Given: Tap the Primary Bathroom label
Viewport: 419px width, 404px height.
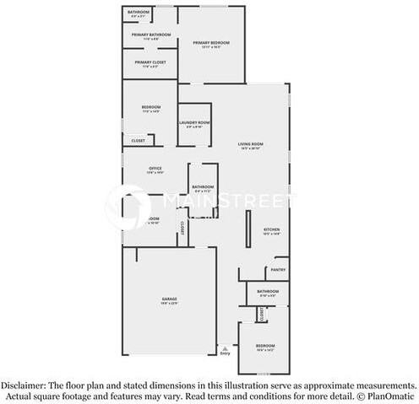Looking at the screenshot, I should (151, 35).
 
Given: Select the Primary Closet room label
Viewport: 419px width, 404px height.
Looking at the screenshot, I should (150, 62).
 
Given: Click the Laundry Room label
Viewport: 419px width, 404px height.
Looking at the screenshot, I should (193, 122).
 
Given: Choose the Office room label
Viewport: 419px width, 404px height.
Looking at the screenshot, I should (155, 169).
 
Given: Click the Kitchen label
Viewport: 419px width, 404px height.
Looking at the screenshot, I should (272, 229).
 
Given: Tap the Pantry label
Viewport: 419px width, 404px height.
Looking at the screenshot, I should (278, 270).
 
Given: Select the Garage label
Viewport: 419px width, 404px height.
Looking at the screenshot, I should (170, 299).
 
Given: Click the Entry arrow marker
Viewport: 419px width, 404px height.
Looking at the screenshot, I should (224, 347).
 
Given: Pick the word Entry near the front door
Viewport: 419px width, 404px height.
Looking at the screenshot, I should (225, 353).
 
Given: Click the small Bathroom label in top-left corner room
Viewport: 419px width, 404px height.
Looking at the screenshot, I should (138, 12).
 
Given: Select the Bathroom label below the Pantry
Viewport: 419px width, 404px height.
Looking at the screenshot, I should (268, 291).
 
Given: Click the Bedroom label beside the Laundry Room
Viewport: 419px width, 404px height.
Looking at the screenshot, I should (151, 108).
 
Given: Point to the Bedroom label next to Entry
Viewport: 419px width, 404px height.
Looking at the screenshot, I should (265, 345).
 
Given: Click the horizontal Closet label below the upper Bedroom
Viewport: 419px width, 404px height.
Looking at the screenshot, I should (138, 141).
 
